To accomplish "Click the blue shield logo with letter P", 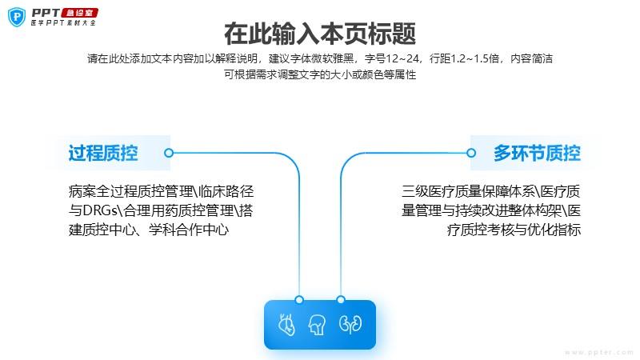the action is click(x=17, y=17).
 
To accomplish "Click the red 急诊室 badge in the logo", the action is click(x=79, y=13).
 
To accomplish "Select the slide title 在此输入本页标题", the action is click(x=320, y=34).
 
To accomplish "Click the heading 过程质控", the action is click(x=103, y=153).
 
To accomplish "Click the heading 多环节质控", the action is click(x=537, y=153).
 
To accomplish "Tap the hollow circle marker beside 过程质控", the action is click(x=169, y=153).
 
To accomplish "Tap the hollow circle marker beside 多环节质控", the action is click(x=471, y=153).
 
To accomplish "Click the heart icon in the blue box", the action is click(x=286, y=325).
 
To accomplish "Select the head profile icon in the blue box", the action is click(x=317, y=325).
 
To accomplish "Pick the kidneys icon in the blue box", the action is click(x=350, y=324).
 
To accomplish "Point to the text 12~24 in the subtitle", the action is click(x=402, y=58).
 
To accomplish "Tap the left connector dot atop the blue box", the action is click(x=299, y=300).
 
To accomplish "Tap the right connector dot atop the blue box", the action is click(x=341, y=300).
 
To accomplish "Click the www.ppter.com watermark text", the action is click(x=599, y=352).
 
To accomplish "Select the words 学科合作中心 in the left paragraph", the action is click(x=189, y=230).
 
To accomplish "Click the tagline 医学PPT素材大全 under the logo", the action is click(x=63, y=23).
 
